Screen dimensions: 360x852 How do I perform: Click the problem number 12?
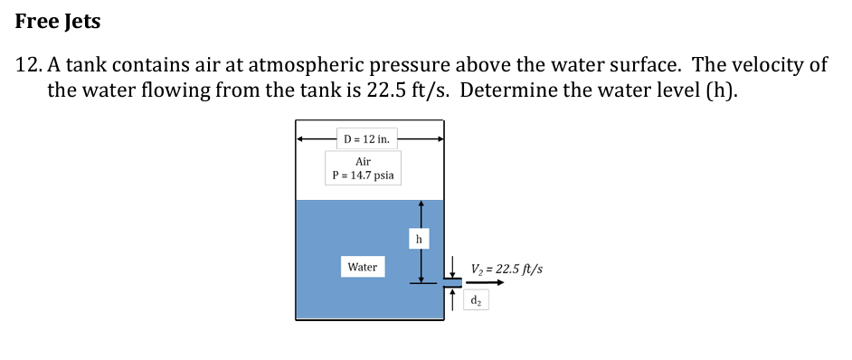(x=32, y=65)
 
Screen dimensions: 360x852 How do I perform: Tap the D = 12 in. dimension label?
(x=367, y=139)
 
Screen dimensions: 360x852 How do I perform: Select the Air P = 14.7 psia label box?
(x=363, y=168)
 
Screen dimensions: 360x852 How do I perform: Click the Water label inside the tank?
(x=362, y=267)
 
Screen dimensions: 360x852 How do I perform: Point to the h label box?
(x=418, y=239)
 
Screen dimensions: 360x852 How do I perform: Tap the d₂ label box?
(x=478, y=300)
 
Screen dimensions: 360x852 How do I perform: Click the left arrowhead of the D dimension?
(x=301, y=139)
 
